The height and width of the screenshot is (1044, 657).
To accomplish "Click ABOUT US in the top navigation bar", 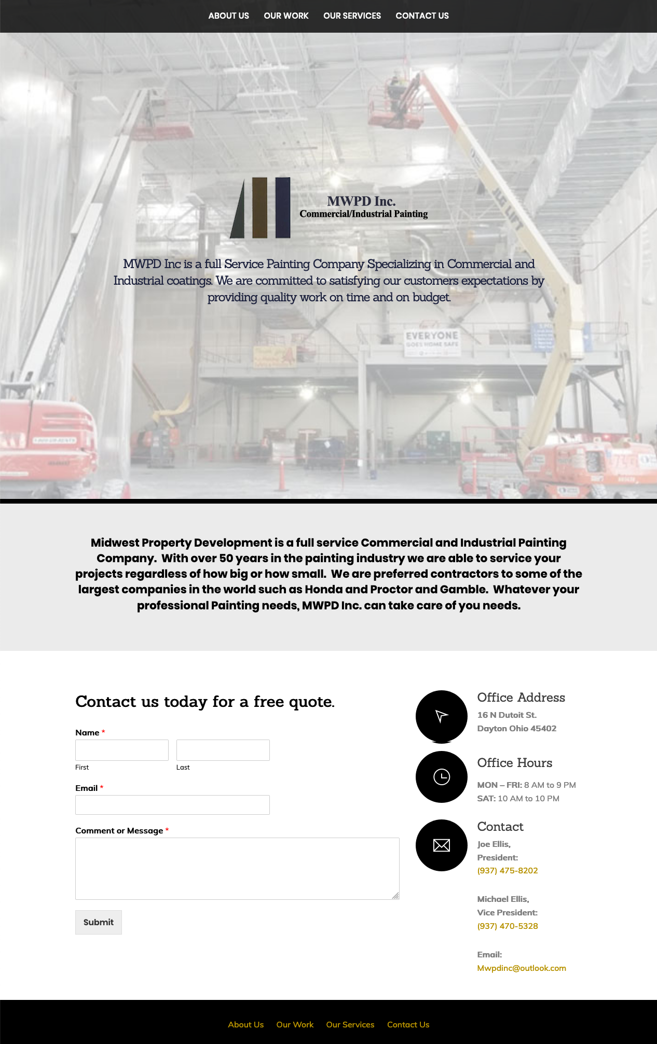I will [228, 16].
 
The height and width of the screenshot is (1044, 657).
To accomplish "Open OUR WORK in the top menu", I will [286, 16].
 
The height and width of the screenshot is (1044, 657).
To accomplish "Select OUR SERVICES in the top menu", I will [352, 16].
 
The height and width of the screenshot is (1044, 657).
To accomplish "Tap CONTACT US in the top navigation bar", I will [422, 16].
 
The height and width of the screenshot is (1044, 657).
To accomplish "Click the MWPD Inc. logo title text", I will [361, 201].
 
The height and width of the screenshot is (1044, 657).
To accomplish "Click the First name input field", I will [122, 750].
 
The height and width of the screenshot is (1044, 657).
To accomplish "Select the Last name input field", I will [223, 750].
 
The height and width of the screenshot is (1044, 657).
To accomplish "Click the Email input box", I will [172, 805].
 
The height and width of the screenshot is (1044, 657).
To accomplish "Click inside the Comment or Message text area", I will [237, 868].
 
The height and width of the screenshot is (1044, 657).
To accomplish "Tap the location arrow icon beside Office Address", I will [442, 716].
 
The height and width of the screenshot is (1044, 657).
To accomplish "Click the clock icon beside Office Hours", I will [442, 777].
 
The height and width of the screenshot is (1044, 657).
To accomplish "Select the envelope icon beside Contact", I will [442, 845].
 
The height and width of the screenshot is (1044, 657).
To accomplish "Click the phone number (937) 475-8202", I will [508, 871].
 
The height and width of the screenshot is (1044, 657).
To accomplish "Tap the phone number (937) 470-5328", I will [508, 926].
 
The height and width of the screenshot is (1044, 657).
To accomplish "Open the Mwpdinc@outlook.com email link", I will [522, 968].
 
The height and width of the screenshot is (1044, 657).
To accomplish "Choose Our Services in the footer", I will [350, 1025].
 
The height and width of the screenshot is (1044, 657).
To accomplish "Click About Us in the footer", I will [246, 1025].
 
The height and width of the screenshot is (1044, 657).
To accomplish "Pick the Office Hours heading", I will [515, 763].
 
